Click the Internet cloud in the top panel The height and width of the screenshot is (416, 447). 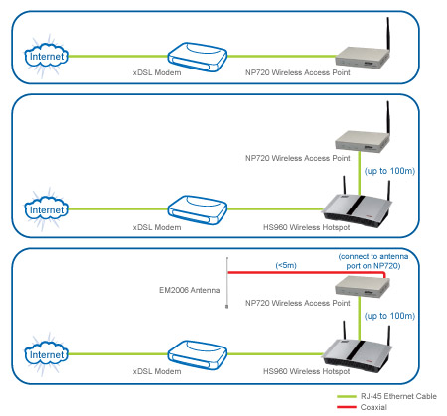click(46, 57)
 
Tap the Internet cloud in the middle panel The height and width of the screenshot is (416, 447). click(46, 209)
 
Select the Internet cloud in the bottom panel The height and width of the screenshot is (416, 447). click(46, 354)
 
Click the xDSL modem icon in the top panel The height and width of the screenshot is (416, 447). click(198, 57)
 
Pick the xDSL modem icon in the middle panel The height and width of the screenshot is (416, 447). click(198, 210)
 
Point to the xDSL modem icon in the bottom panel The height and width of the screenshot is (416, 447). click(198, 354)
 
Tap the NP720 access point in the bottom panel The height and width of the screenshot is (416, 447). click(363, 287)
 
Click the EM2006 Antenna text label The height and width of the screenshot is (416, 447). click(189, 290)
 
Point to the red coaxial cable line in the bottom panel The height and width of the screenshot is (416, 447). click(306, 273)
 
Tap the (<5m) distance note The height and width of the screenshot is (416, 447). click(286, 265)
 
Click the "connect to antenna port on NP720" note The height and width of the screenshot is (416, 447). click(373, 261)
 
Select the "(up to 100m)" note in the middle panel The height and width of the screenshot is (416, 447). click(389, 171)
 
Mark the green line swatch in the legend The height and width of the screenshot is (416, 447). click(347, 396)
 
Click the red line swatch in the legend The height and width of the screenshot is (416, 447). click(347, 407)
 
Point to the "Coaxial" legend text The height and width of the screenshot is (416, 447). click(373, 407)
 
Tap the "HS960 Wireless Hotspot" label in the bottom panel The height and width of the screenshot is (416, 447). click(306, 371)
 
